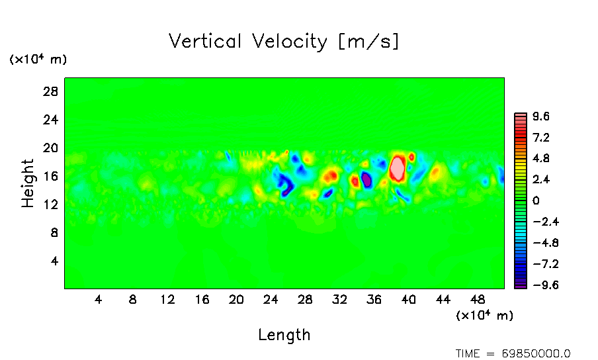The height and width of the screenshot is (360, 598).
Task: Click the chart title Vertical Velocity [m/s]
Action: (x=284, y=42)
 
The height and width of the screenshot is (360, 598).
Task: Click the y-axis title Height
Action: (x=28, y=183)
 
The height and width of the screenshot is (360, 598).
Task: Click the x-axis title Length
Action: (x=284, y=335)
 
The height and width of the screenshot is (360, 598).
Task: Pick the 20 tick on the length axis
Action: (x=236, y=300)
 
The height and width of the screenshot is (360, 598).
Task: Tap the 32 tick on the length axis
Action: (x=339, y=300)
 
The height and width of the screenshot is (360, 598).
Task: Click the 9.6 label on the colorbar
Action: (x=542, y=116)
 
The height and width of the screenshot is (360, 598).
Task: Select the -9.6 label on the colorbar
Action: (x=540, y=285)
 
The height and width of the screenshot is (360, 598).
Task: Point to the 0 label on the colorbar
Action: (x=536, y=201)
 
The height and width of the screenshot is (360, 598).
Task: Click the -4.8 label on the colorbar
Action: (x=540, y=243)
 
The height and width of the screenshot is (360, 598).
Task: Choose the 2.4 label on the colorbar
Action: (x=542, y=179)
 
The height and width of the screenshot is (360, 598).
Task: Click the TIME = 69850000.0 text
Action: (x=513, y=353)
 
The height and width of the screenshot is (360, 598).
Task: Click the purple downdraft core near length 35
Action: (x=366, y=180)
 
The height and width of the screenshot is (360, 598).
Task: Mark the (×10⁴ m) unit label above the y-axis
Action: (x=38, y=60)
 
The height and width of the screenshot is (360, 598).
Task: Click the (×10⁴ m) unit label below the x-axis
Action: (x=485, y=316)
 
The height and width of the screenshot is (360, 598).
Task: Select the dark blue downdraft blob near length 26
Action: (x=286, y=185)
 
